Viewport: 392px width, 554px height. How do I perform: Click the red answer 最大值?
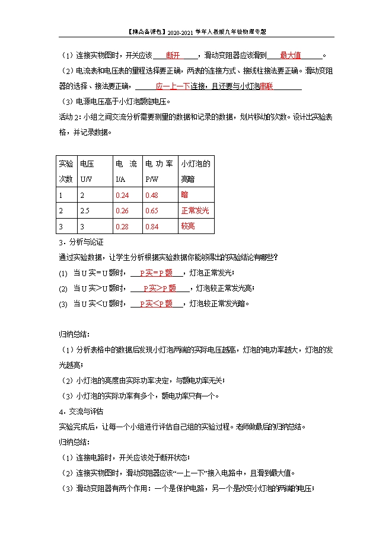290,56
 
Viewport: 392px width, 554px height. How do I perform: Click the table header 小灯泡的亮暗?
196,171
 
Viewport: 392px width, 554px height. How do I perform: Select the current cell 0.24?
122,195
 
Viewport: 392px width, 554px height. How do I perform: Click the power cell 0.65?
152,211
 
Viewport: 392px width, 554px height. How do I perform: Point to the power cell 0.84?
152,226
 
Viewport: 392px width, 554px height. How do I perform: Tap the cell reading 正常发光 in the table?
195,211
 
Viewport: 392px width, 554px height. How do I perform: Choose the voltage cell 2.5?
86,211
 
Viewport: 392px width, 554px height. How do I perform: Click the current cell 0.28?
122,226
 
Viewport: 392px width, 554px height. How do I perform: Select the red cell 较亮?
188,226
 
